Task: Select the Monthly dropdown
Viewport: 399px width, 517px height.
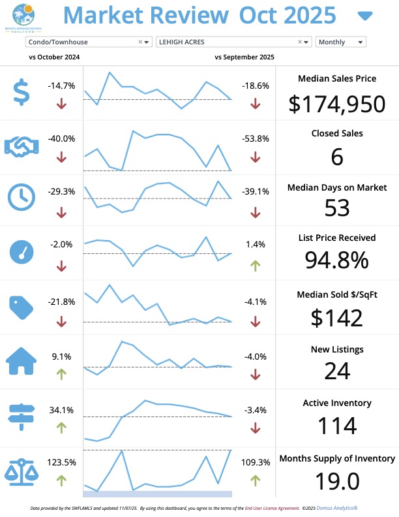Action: [x=340, y=42]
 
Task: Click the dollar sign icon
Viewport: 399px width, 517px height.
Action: [x=22, y=92]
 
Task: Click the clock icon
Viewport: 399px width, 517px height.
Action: [x=22, y=197]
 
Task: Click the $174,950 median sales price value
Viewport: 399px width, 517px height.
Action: [x=337, y=103]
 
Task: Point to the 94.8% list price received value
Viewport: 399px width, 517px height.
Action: [x=337, y=260]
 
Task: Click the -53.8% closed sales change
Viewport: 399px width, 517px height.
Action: [x=255, y=138]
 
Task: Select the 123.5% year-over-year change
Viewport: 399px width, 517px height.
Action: [x=61, y=462]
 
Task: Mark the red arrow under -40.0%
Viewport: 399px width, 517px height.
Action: [x=61, y=157]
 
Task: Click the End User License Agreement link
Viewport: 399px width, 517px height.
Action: [x=267, y=507]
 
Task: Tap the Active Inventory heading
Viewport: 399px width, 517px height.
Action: [x=337, y=403]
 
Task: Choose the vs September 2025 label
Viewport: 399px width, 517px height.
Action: [x=244, y=57]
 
